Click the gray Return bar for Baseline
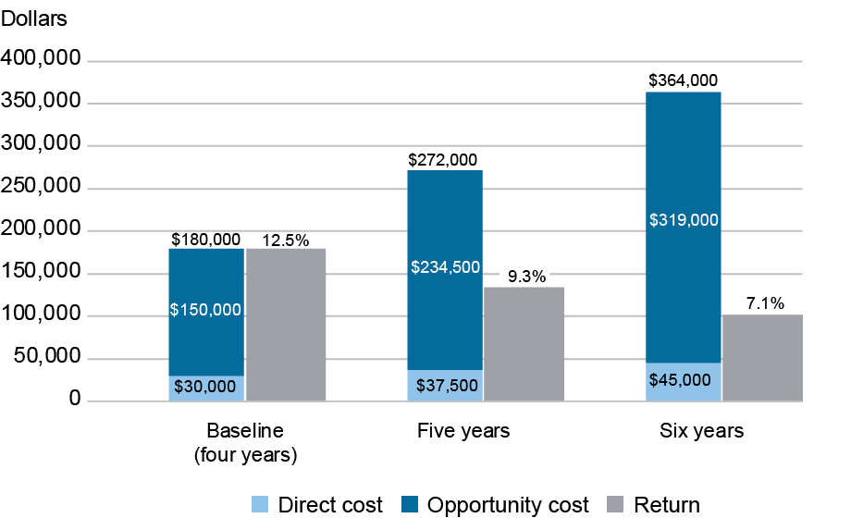pos(286,324)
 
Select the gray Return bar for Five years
pos(524,343)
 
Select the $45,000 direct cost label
pos(683,379)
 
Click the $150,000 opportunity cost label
pos(205,310)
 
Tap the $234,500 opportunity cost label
pos(444,267)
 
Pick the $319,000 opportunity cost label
pos(683,220)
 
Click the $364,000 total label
pos(683,80)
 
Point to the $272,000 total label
pos(444,159)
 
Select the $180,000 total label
pos(205,240)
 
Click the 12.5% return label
pos(286,240)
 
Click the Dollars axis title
pos(34,18)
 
